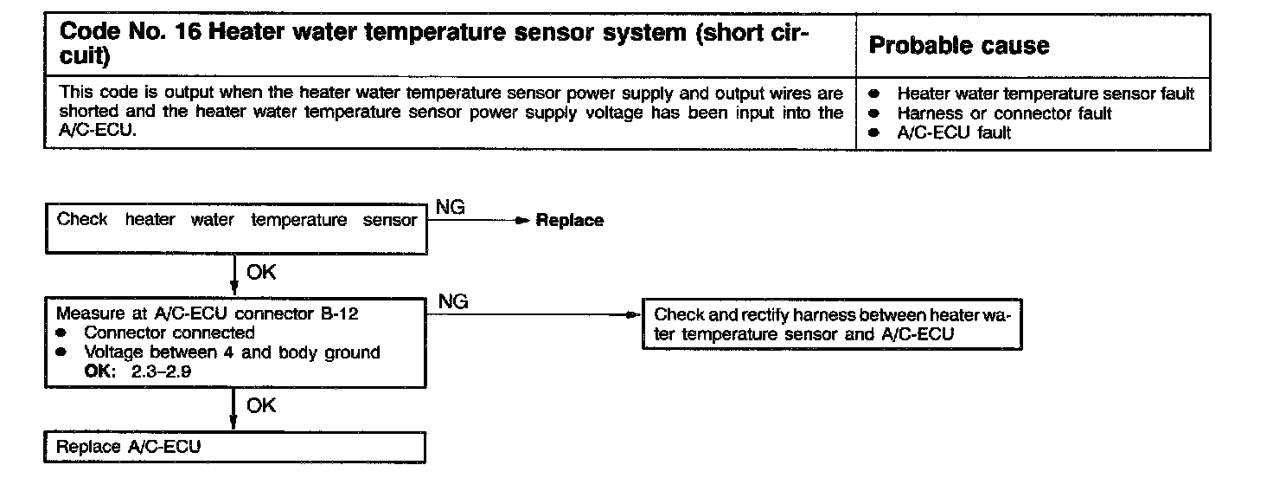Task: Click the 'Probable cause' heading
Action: click(x=958, y=46)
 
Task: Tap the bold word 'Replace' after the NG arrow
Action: click(x=570, y=221)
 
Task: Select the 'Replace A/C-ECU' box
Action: click(x=235, y=448)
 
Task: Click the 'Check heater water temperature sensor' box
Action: click(x=235, y=229)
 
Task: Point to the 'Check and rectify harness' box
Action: click(x=832, y=325)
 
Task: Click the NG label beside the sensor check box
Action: click(x=451, y=208)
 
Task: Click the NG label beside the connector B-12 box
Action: click(x=454, y=302)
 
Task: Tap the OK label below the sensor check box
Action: click(x=261, y=273)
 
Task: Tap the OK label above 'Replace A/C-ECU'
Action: click(x=261, y=405)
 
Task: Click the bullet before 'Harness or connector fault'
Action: click(x=875, y=113)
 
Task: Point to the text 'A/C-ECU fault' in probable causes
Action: click(x=954, y=132)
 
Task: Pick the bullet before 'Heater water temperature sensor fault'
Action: click(x=875, y=94)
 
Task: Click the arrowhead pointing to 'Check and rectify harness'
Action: click(x=636, y=315)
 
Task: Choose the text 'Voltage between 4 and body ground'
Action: click(x=232, y=352)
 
